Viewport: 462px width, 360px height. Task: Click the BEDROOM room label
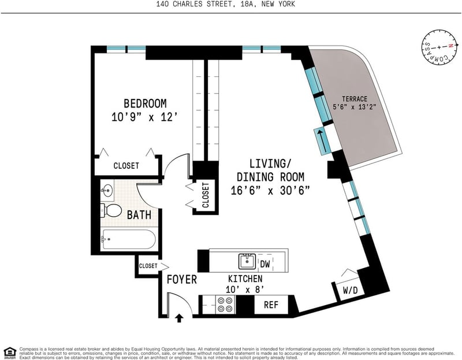145,103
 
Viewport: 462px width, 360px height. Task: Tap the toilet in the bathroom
111,210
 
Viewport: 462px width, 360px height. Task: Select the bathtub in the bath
128,239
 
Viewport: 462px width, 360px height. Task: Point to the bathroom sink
107,190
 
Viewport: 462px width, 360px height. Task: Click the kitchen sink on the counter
247,261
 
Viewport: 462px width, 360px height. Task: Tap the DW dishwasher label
265,263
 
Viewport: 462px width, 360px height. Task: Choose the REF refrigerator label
271,305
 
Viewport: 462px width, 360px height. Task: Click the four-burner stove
225,305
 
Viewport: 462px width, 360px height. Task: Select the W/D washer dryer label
350,290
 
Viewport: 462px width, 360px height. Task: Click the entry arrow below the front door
179,318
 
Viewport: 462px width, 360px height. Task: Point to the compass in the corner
439,47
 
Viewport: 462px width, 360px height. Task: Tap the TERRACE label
355,99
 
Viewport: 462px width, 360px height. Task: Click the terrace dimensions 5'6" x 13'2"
355,107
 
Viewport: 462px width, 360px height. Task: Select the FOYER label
181,279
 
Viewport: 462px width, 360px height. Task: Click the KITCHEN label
245,279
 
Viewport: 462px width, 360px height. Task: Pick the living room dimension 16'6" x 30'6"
270,191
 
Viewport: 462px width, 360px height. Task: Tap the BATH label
139,215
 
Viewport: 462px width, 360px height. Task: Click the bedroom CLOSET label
126,166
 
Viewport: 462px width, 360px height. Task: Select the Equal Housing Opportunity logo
10,352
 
